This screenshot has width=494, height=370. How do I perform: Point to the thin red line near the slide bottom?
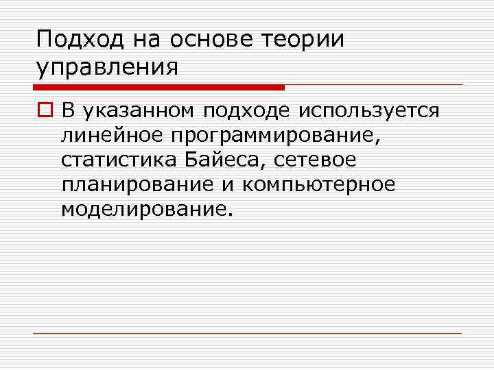coord(247,334)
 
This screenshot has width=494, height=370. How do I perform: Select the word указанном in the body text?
coord(141,110)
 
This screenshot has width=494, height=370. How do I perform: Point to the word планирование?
coord(128,185)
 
